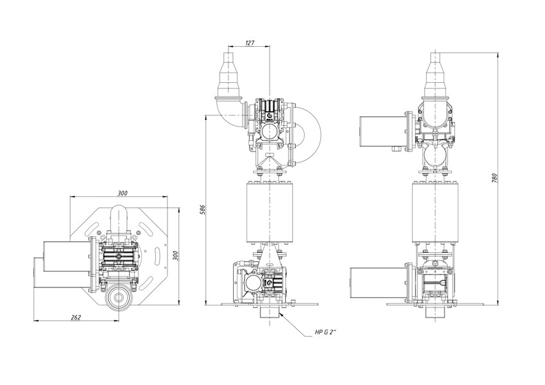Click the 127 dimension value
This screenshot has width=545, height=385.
pyautogui.click(x=250, y=43)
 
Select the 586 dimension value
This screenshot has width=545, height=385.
pyautogui.click(x=203, y=210)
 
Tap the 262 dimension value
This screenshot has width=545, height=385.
pyautogui.click(x=76, y=317)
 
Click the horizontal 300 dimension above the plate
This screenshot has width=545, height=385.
pyautogui.click(x=122, y=193)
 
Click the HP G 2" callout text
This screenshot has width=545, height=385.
pyautogui.click(x=325, y=332)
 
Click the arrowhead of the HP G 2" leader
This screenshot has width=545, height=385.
pyautogui.click(x=283, y=314)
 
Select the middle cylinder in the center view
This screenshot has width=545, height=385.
pyautogui.click(x=270, y=212)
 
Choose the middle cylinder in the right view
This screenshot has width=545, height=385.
pyautogui.click(x=435, y=212)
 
